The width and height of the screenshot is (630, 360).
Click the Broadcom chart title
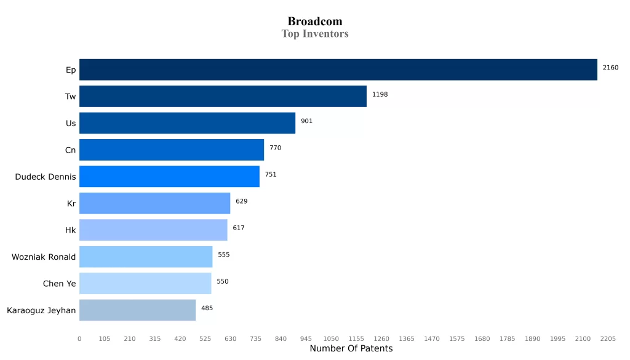[315, 22]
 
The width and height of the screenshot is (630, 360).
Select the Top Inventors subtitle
[315, 34]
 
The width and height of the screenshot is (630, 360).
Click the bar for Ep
[338, 70]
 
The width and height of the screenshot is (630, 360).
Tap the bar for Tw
[223, 97]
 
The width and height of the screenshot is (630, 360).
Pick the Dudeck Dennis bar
[169, 177]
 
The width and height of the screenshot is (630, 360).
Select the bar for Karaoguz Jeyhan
[137, 310]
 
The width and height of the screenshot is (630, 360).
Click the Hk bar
[153, 230]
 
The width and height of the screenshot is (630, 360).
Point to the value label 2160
[610, 68]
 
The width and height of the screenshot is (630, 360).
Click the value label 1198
[380, 94]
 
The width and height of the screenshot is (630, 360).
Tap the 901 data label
[306, 121]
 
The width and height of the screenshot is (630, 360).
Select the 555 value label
[224, 255]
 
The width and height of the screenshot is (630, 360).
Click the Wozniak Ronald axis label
[44, 257]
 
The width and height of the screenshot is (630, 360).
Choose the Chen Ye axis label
[60, 284]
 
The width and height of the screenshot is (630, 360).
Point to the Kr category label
[71, 204]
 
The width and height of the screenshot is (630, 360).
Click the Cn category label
[71, 150]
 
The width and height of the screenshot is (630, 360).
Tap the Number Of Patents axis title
[351, 349]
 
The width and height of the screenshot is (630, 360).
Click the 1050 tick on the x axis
[331, 339]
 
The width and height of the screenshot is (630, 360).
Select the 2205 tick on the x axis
[608, 339]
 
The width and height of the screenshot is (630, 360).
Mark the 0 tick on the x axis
[79, 339]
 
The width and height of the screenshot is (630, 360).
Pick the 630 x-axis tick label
[230, 339]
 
